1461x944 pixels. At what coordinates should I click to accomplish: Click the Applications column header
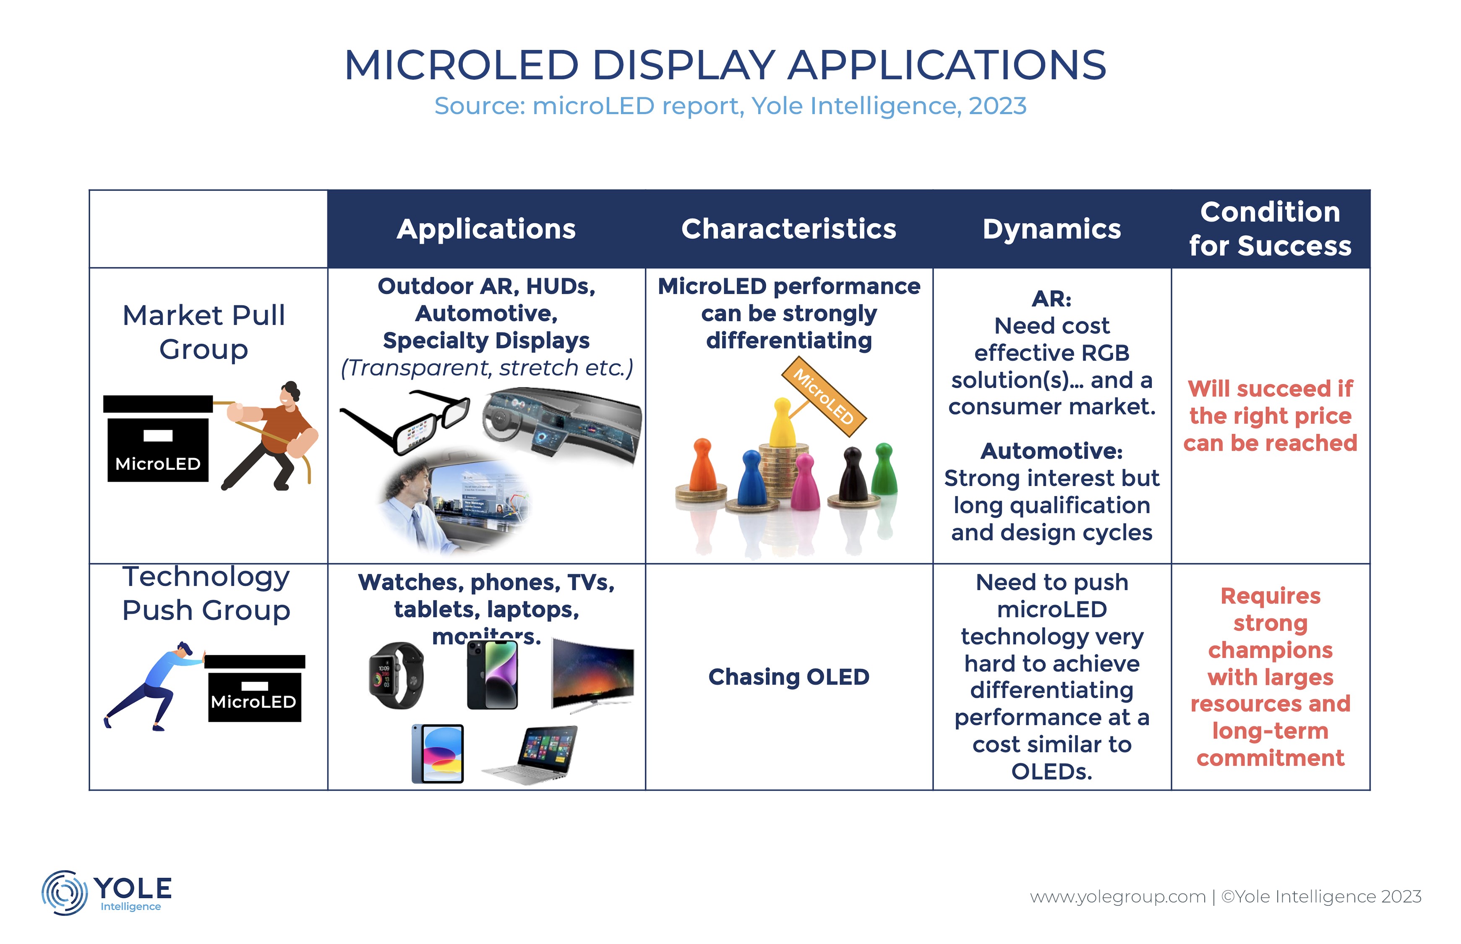(x=486, y=229)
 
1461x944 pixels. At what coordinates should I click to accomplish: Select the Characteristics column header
(x=789, y=229)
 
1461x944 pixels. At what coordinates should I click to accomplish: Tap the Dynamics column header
(x=1051, y=229)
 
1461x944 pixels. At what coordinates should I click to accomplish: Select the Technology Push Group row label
(x=206, y=593)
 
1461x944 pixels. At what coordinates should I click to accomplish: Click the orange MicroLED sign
(x=824, y=396)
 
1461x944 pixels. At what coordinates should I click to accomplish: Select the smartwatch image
(x=396, y=675)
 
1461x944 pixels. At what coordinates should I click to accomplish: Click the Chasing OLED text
(x=789, y=677)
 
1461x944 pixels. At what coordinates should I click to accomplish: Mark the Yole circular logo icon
(x=64, y=892)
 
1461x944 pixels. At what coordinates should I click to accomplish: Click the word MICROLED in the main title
(x=462, y=65)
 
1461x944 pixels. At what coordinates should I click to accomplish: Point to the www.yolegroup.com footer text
(x=1118, y=897)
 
